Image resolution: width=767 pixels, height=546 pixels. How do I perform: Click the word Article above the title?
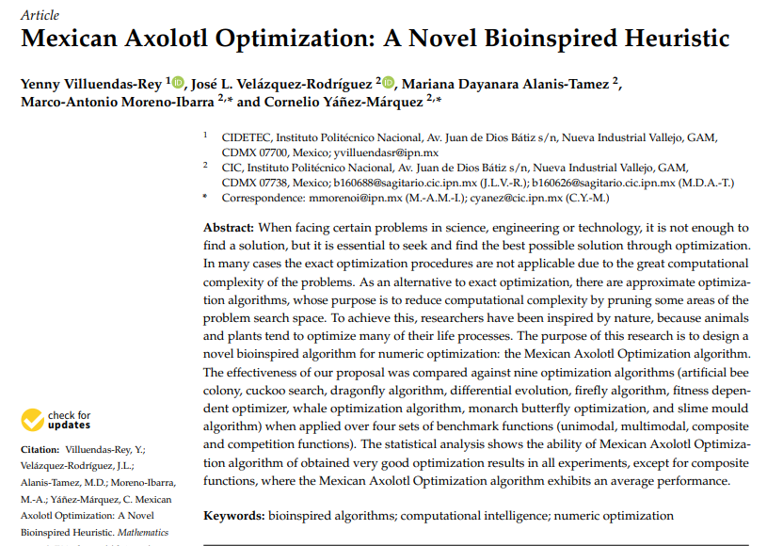click(39, 15)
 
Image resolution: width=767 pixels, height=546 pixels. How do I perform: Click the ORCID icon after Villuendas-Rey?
click(179, 82)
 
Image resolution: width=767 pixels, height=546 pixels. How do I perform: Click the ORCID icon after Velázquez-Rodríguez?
click(389, 82)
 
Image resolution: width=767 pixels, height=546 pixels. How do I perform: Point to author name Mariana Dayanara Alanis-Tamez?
click(506, 83)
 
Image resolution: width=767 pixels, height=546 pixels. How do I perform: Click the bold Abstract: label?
click(229, 228)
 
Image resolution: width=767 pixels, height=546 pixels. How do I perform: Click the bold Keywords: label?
click(234, 515)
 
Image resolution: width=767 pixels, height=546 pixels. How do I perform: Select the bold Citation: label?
click(44, 450)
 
